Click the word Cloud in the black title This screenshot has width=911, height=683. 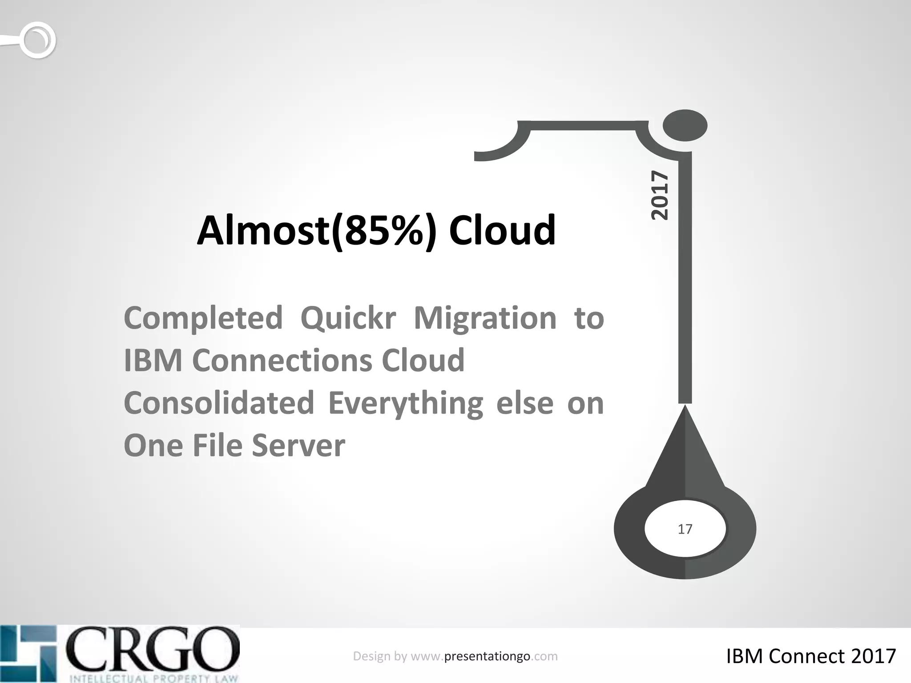click(x=502, y=231)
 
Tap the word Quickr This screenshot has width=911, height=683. click(x=348, y=318)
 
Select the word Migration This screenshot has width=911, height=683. click(x=485, y=318)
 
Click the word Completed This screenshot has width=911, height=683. click(x=203, y=318)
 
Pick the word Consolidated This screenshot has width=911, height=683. click(x=219, y=403)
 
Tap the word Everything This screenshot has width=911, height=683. click(x=405, y=403)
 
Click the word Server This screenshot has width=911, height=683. click(x=298, y=446)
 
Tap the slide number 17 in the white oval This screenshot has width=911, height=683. click(x=685, y=529)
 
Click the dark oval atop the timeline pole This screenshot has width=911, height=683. click(x=685, y=125)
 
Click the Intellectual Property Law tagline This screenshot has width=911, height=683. click(x=153, y=678)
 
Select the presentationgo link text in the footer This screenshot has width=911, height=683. click(x=487, y=656)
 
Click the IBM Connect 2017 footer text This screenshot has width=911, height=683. click(x=810, y=656)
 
